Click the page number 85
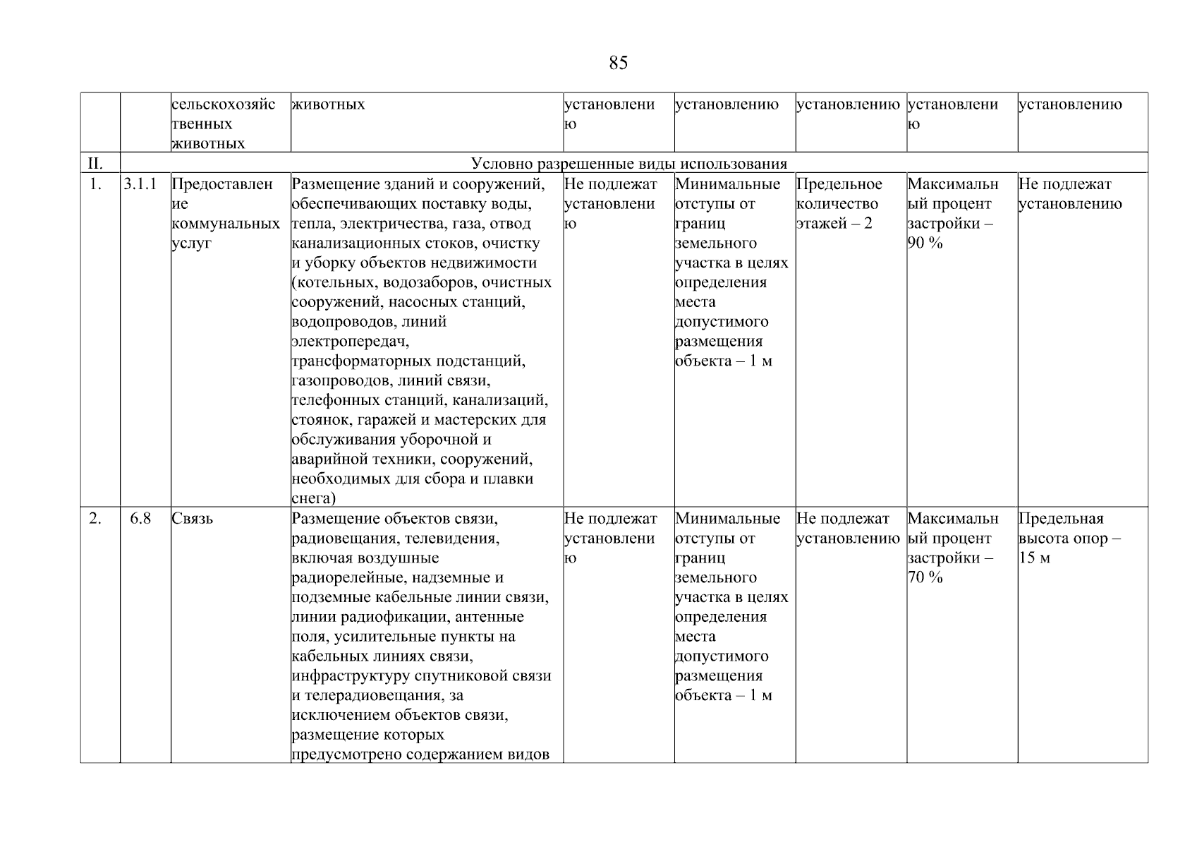pos(618,64)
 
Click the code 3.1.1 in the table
pos(140,185)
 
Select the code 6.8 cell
pos(140,519)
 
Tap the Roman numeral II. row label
pos(95,164)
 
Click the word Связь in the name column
pos(193,519)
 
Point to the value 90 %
pos(925,244)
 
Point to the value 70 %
pos(925,578)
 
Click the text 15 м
pos(1034,558)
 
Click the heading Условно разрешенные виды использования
pos(628,164)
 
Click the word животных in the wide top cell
pos(328,105)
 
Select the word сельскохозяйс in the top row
pos(224,105)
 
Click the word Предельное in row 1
pos(839,185)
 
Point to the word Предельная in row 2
pos(1061,519)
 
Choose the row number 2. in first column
pos(95,519)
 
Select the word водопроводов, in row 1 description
pos(334,322)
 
